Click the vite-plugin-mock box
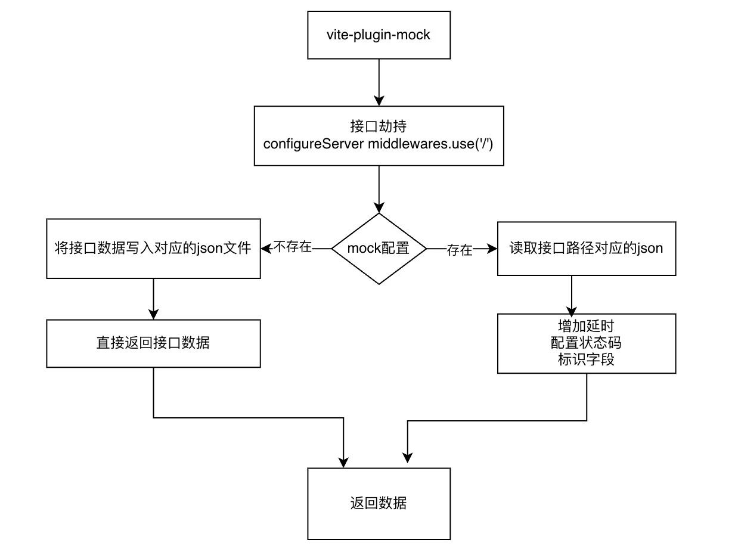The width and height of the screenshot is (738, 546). (x=379, y=35)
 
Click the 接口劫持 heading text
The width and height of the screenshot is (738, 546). (x=379, y=127)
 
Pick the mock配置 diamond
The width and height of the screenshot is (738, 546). (x=379, y=249)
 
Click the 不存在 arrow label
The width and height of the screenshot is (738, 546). (x=292, y=247)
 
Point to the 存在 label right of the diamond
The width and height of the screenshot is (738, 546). (x=460, y=250)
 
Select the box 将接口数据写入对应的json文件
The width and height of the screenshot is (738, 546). (x=154, y=249)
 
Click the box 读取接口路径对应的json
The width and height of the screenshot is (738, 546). (x=587, y=249)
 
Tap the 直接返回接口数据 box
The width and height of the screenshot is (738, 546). (x=154, y=343)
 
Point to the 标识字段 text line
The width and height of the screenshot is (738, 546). (x=587, y=359)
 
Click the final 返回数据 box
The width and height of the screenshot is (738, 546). (x=379, y=503)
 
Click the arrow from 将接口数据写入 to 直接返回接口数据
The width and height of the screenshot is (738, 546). (x=154, y=298)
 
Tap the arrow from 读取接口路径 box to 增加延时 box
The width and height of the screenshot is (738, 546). (x=572, y=295)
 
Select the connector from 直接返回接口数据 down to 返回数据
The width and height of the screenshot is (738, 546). (x=249, y=417)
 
